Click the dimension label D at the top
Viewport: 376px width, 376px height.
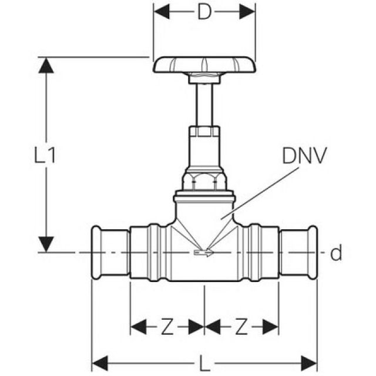point(204,13)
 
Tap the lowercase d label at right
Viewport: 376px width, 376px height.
point(335,254)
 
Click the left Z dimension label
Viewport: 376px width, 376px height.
point(167,327)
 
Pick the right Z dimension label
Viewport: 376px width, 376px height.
point(241,327)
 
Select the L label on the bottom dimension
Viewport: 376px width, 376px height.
point(204,364)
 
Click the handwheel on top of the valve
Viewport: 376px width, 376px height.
point(204,63)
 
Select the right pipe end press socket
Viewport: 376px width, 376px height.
point(298,253)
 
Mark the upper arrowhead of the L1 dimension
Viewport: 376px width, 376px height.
point(46,65)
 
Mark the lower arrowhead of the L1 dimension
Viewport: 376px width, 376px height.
point(46,244)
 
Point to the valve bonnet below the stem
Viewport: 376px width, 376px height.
point(204,147)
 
